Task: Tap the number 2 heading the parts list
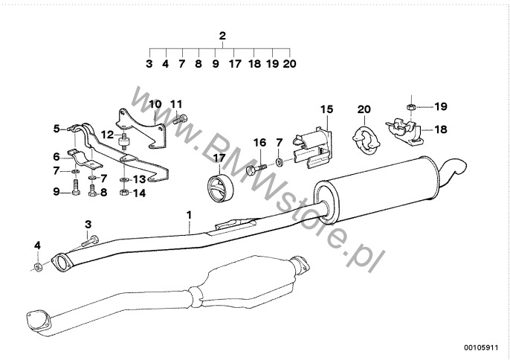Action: pos(222,36)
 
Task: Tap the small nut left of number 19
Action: pos(409,107)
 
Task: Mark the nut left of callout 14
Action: pos(124,193)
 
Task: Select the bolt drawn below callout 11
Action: pos(178,118)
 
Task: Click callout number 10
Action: pos(154,104)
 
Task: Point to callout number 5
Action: pos(56,129)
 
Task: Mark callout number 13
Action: pos(140,179)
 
